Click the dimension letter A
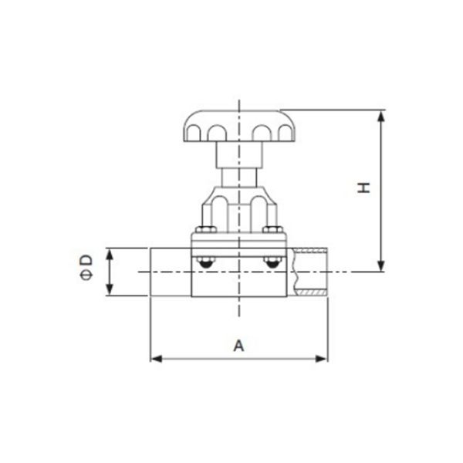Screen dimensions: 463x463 coord(238,345)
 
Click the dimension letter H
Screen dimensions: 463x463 coord(364,188)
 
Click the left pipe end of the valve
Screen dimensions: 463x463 coord(170,272)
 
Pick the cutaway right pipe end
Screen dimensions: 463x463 coord(309,272)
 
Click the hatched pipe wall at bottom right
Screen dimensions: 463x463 coord(312,294)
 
